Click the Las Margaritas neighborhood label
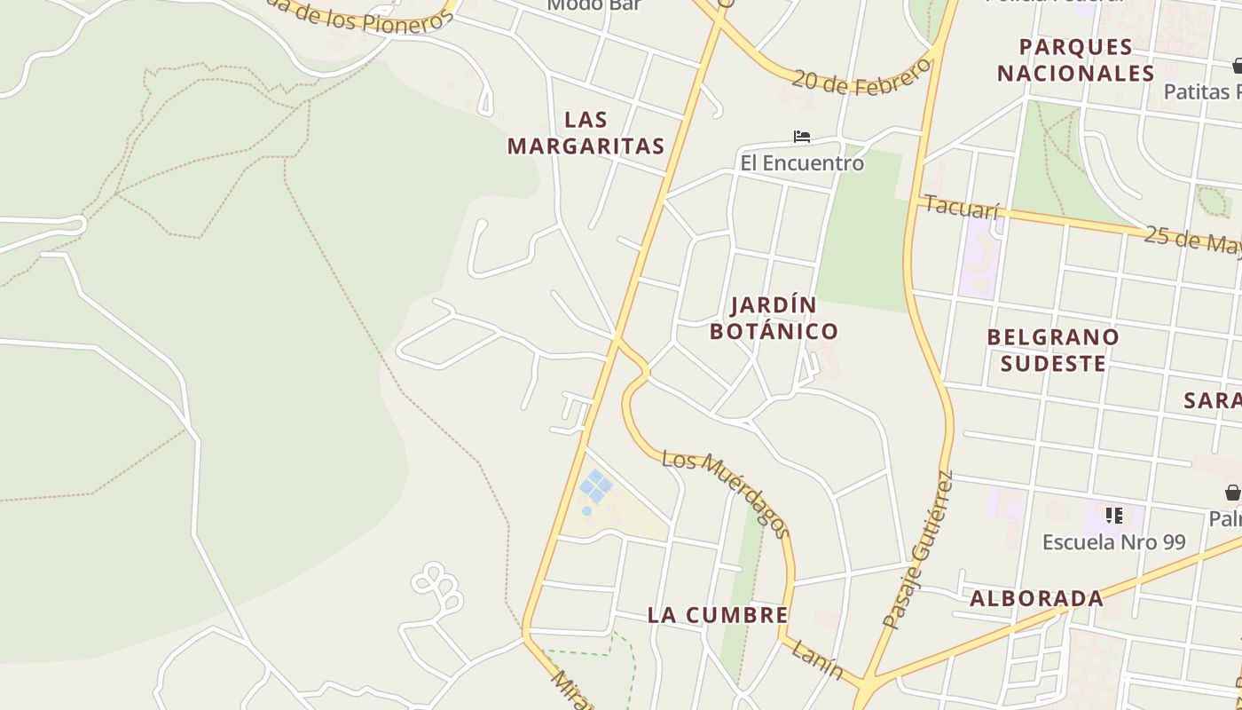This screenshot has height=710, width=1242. pos(586,133)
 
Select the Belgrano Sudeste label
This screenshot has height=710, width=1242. pos(1053,351)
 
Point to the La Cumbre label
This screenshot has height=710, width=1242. pos(718,615)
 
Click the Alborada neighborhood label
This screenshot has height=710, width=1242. pos(1036,599)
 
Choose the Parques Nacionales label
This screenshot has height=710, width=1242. pos(1075,60)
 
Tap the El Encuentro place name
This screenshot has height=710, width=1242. pos(802,163)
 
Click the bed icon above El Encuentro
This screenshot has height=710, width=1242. pos(802,137)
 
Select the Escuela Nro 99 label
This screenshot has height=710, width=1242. pos(1113,541)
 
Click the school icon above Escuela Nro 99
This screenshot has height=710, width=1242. pos(1114,516)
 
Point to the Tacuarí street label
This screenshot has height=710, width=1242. pos(962,208)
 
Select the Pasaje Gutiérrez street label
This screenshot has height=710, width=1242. pos(918,550)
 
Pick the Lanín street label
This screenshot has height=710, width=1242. pos(816,659)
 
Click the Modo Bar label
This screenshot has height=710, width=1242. pos(593,5)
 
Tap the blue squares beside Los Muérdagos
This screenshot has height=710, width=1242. pos(595,485)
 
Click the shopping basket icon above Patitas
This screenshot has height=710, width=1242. pos(1237,67)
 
